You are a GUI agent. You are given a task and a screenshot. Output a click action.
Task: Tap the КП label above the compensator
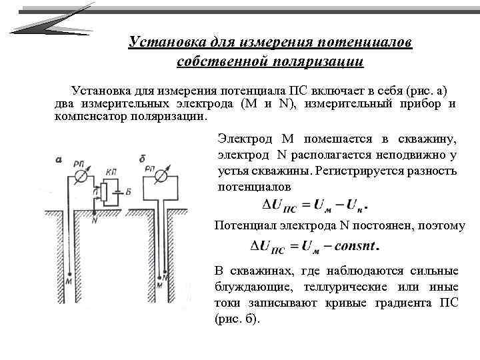111,171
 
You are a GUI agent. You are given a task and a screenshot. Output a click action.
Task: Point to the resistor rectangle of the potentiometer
102,193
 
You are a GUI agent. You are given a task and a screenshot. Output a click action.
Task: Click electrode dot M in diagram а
70,273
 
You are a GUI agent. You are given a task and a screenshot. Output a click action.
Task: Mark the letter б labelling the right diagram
142,158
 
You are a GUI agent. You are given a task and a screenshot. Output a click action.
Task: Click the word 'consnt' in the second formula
351,247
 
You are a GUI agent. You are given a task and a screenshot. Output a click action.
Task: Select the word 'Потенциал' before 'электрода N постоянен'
244,225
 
